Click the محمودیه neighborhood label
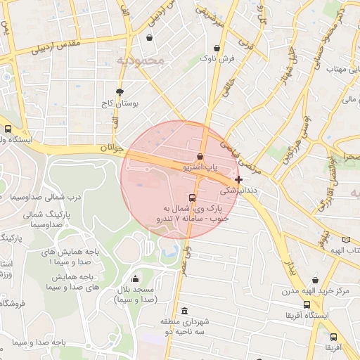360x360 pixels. coord(141,61)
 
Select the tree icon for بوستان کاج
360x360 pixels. coord(120,92)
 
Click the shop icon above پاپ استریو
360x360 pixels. coord(200,156)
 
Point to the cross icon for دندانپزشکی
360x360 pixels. coord(239,180)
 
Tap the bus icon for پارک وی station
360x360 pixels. coord(193,198)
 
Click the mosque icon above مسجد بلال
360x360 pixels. coord(136,279)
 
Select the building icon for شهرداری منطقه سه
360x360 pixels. coord(184,311)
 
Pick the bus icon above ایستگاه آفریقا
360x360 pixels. coord(307,304)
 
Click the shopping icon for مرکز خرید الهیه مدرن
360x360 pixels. coord(314,279)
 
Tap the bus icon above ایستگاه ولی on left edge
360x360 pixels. coord(8,129)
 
